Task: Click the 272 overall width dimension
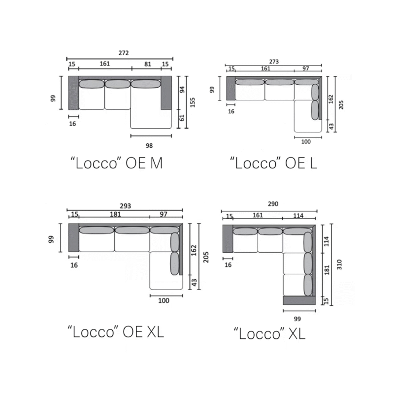pyautogui.click(x=124, y=53)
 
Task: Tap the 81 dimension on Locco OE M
pyautogui.click(x=148, y=64)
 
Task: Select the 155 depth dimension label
pyautogui.click(x=193, y=102)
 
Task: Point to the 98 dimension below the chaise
pyautogui.click(x=149, y=145)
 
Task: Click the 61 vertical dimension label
pyautogui.click(x=182, y=118)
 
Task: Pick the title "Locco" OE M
pyautogui.click(x=117, y=163)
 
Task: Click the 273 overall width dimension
pyautogui.click(x=274, y=62)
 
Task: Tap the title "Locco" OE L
pyautogui.click(x=273, y=163)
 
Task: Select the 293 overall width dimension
pyautogui.click(x=126, y=206)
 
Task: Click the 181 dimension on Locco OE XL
pyautogui.click(x=115, y=214)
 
